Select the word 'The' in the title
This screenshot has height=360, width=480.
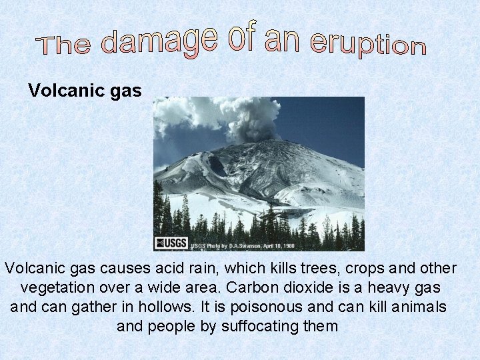(x=64, y=45)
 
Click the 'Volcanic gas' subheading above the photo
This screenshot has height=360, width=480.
(x=85, y=91)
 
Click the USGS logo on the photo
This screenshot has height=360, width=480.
(x=171, y=243)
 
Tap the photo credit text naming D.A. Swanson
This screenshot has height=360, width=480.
(x=242, y=245)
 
